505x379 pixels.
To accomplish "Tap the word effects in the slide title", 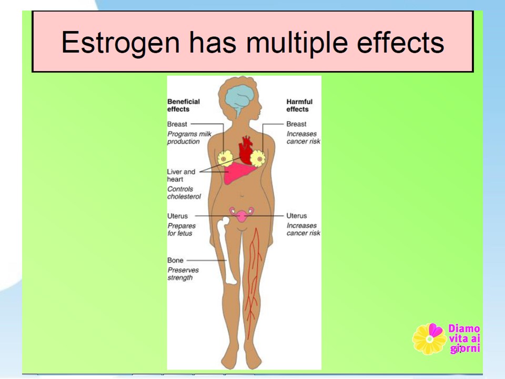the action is tap(400, 42).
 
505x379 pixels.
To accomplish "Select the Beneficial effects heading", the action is tap(184, 105).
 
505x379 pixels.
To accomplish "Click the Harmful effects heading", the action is tap(299, 105).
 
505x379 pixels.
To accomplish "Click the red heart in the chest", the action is tap(246, 150).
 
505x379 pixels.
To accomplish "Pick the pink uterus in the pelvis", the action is tap(241, 215).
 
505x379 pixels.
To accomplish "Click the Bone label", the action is tap(175, 261).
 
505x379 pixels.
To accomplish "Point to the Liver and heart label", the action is tap(181, 176).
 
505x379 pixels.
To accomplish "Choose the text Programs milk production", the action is tap(189, 137).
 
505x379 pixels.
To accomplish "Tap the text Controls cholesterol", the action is tap(184, 193).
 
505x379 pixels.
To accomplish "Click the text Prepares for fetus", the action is tap(181, 230).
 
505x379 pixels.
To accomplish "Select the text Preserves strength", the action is tap(183, 274).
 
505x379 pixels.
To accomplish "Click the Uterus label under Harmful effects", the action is tap(297, 216).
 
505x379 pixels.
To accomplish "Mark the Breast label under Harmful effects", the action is tap(296, 124).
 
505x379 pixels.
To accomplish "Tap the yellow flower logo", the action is tap(429, 338).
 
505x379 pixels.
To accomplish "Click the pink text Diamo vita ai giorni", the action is tap(464, 338).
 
